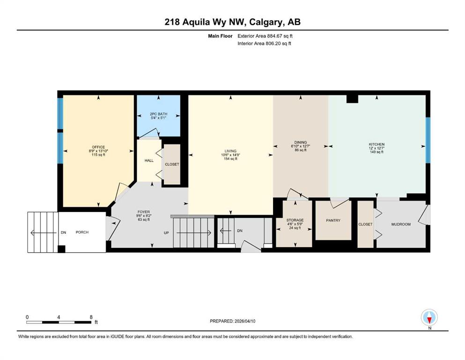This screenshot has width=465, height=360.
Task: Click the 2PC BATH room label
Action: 158,114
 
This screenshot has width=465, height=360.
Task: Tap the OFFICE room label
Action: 98,147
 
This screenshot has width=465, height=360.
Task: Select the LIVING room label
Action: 230,151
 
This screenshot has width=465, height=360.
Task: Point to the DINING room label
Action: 301,142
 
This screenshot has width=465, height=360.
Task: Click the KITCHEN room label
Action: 376,144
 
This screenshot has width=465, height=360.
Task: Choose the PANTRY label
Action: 333,220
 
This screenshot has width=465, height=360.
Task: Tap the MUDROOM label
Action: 401,225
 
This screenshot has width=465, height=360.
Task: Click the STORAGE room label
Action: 295,220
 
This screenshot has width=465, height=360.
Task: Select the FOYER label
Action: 144,212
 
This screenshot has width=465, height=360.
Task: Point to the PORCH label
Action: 82,232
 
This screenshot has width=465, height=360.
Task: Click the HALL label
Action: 149,161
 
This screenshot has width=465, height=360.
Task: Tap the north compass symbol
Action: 429,317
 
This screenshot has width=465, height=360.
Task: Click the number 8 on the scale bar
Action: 91,317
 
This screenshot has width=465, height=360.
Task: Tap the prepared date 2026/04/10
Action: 244,321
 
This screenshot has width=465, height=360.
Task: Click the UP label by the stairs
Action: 166,233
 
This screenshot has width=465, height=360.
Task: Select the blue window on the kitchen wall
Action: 428,140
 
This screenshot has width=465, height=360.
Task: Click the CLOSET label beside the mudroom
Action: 365,225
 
